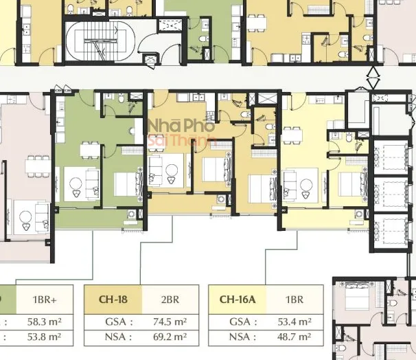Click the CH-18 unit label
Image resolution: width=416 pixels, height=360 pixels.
pyautogui.click(x=113, y=300)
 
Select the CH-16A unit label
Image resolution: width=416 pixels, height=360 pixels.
pyautogui.click(x=238, y=300)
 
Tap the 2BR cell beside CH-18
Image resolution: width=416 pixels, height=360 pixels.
pyautogui.click(x=170, y=300)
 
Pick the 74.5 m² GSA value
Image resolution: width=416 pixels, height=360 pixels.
pyautogui.click(x=170, y=322)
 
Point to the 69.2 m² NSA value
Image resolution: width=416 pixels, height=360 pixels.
pyautogui.click(x=170, y=337)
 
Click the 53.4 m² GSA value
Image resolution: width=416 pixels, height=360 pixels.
pyautogui.click(x=294, y=322)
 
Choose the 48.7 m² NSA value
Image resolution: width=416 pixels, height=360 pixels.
pyautogui.click(x=294, y=337)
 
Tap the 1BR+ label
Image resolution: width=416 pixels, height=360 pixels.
pyautogui.click(x=45, y=300)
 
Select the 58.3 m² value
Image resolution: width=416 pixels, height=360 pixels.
pyautogui.click(x=45, y=322)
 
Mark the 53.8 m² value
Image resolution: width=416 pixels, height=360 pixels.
pyautogui.click(x=45, y=337)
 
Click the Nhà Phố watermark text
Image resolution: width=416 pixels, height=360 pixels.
pyautogui.click(x=181, y=126)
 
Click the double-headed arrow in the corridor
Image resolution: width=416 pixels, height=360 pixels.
pyautogui.click(x=373, y=77)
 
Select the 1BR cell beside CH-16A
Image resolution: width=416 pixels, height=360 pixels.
pyautogui.click(x=294, y=300)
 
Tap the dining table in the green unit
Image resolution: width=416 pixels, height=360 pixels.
pyautogui.click(x=90, y=150)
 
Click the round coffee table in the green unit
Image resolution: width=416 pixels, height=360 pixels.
pyautogui.click(x=76, y=183)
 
